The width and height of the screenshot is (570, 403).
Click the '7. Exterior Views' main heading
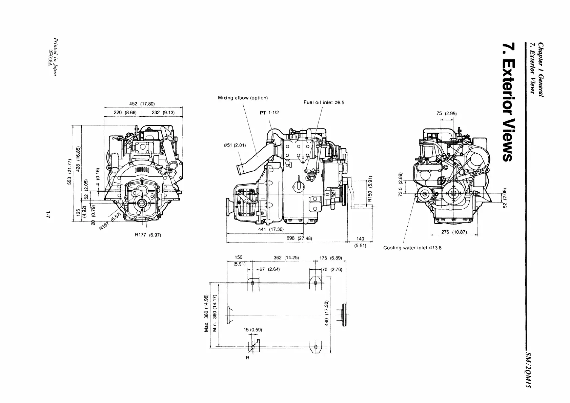[509, 102]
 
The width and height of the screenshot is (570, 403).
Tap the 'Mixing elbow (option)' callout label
[243, 98]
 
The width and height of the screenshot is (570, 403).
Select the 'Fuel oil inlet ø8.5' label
[324, 102]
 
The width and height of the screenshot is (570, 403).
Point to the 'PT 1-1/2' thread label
[269, 113]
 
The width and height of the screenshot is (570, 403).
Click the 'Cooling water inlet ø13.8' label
[412, 248]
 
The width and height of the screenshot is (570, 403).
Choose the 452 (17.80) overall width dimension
[142, 104]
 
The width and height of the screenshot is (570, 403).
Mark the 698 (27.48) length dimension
[299, 238]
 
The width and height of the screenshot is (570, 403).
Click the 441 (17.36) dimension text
[271, 229]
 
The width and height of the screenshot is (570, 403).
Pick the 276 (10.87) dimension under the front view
[454, 232]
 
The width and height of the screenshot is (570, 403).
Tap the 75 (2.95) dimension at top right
[447, 113]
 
